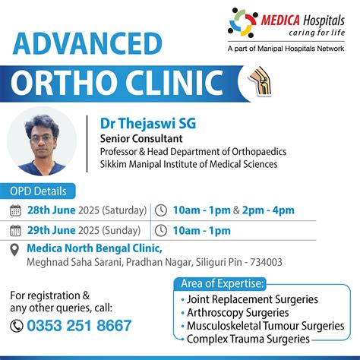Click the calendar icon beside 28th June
[16, 210]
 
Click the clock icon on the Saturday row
[162, 210]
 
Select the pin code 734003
[264, 262]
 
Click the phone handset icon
[17, 325]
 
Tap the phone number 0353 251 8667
[78, 325]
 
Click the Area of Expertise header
[222, 284]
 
